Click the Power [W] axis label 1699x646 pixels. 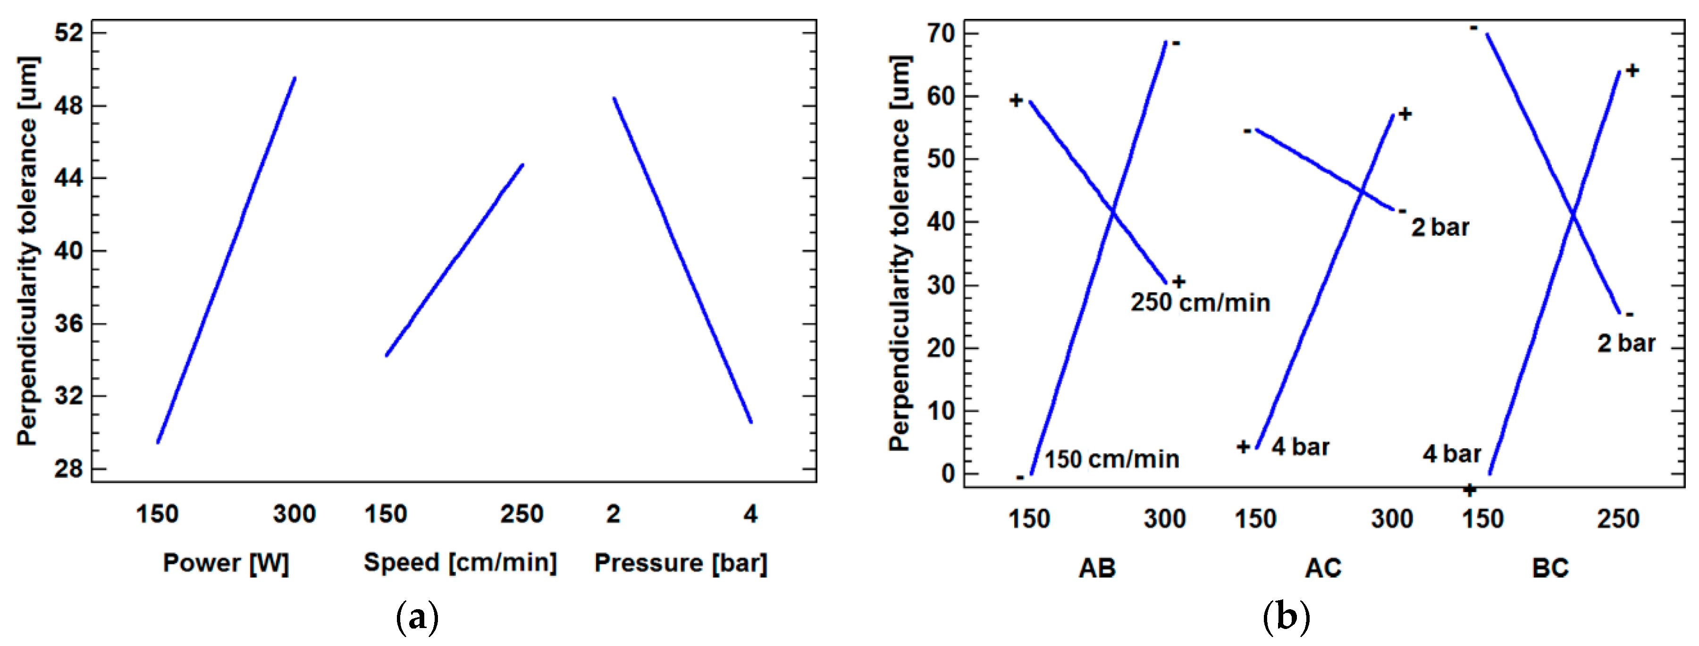tap(226, 563)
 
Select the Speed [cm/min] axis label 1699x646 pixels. tap(460, 562)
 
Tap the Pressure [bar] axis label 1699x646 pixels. tap(681, 563)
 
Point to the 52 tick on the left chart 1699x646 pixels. tap(69, 32)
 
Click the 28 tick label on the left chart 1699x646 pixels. tap(69, 469)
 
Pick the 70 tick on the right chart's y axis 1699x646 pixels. tap(941, 33)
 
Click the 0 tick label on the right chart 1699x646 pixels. tap(948, 474)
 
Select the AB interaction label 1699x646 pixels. tap(1097, 568)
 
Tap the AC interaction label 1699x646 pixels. tap(1323, 568)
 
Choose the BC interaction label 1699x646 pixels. tap(1550, 568)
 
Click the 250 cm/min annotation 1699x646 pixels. tap(1200, 303)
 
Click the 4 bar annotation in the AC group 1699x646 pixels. tap(1301, 447)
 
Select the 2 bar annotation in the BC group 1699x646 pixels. tap(1626, 343)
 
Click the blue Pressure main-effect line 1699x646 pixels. tap(682, 260)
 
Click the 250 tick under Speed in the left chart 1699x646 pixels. tap(521, 514)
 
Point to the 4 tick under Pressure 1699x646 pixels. tap(750, 514)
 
